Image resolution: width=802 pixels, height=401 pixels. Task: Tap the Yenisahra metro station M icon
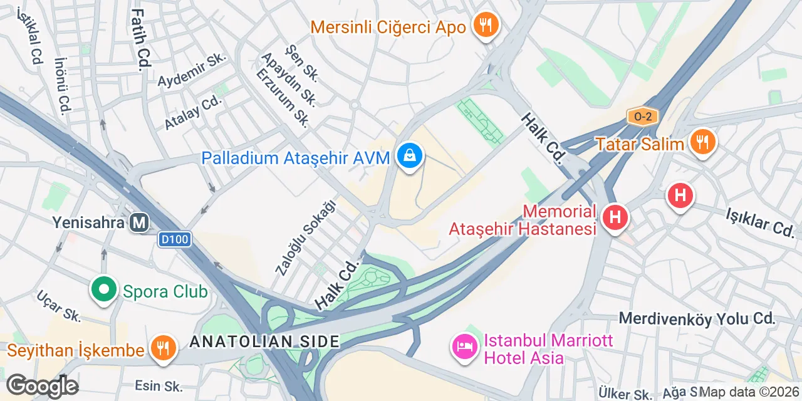coord(140,222)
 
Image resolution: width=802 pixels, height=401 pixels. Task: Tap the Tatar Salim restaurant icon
coord(702,143)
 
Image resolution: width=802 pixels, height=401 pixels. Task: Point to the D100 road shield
coord(174,239)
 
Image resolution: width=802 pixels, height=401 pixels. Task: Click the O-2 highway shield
coord(643,117)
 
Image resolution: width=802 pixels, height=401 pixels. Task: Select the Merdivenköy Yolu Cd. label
coord(697,318)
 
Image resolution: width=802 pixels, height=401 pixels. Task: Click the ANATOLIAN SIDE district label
coord(264,341)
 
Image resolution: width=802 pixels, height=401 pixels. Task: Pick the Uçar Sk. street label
coord(58,306)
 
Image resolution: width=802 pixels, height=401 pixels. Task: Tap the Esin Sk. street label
coord(158,385)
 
